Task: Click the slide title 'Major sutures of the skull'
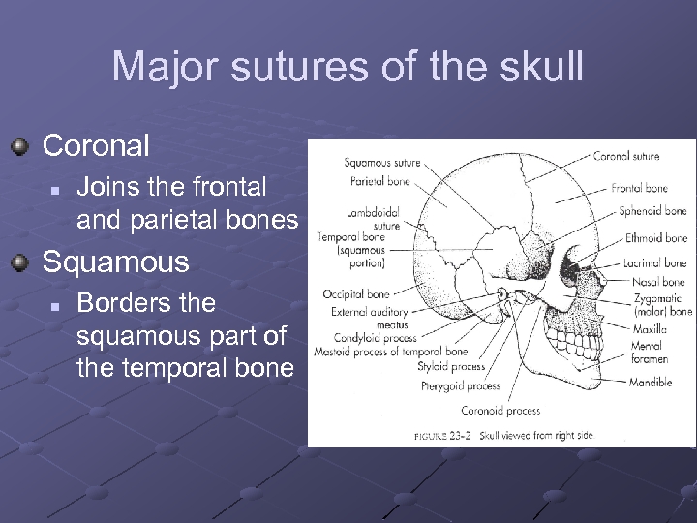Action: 348,67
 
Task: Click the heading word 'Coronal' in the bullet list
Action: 96,146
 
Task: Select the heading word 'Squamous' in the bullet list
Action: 116,262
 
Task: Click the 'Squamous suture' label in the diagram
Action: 381,163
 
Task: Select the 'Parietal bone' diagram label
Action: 380,181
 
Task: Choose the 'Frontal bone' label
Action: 639,188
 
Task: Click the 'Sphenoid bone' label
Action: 652,211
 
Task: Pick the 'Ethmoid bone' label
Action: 655,237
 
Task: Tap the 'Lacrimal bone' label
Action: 654,262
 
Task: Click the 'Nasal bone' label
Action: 658,282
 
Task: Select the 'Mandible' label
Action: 650,383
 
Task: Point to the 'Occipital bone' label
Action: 356,293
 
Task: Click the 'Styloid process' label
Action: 451,367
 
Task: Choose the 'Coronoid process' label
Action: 500,410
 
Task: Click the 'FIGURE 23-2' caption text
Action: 443,436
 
